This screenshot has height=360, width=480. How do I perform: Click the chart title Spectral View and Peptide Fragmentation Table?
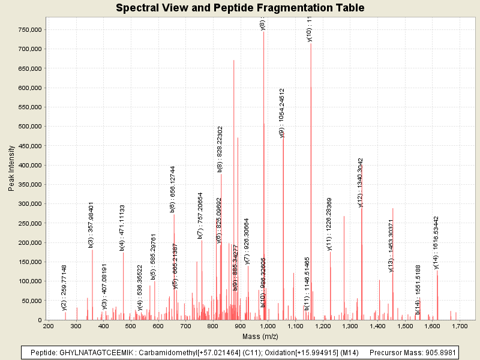click(240, 8)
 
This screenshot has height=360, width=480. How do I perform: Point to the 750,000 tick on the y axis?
click(29, 29)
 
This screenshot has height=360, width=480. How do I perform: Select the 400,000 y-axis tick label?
click(29, 165)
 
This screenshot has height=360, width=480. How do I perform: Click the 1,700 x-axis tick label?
click(459, 326)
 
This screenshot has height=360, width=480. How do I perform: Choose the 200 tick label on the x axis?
click(48, 326)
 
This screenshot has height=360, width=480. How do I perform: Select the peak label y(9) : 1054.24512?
click(282, 113)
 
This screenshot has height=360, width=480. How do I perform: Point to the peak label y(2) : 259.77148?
click(64, 287)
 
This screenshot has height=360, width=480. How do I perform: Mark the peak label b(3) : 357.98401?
click(91, 224)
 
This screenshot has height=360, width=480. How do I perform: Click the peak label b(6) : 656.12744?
click(173, 189)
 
